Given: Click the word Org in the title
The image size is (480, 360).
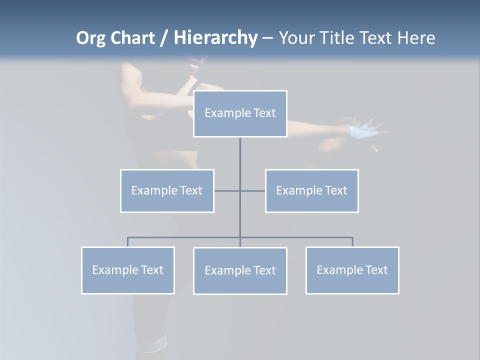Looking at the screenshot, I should coord(90,38).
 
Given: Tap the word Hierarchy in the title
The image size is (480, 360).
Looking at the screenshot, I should coord(215,38).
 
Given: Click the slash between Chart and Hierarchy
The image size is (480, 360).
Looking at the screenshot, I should coord(164,38).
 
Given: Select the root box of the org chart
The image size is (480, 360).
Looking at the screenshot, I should coord(240,113).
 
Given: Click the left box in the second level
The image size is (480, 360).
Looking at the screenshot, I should coord(167,190).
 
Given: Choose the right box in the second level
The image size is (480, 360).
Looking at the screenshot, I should coord(311,190).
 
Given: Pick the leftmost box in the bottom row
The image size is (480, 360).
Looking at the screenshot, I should coord(127,270).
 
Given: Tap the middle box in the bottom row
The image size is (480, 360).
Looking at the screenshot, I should coord(240,270).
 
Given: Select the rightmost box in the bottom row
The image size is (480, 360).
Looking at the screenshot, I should coord(352,270).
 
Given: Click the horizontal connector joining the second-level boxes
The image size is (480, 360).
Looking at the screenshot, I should coord(227,190).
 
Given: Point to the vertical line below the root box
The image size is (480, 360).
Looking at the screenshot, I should coord(240,160).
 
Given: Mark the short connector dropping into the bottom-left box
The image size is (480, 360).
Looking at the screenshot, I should coord(127,242).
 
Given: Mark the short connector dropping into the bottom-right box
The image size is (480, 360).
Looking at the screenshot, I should coord(352,242).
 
